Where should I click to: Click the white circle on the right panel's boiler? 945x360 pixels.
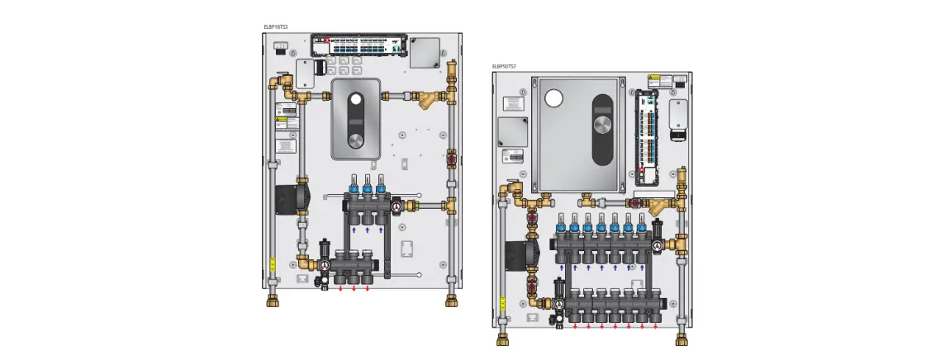[x=553, y=97]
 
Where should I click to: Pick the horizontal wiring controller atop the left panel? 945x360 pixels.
[x=361, y=45]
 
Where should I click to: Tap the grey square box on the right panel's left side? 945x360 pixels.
[x=515, y=130]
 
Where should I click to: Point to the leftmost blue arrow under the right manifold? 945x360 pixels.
[x=562, y=268]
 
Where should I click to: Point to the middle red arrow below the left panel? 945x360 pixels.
[x=354, y=290]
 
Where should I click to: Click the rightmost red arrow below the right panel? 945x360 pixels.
[x=656, y=326]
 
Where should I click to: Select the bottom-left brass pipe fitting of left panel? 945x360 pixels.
[x=273, y=300]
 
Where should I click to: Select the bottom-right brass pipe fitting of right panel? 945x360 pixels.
[x=682, y=339]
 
